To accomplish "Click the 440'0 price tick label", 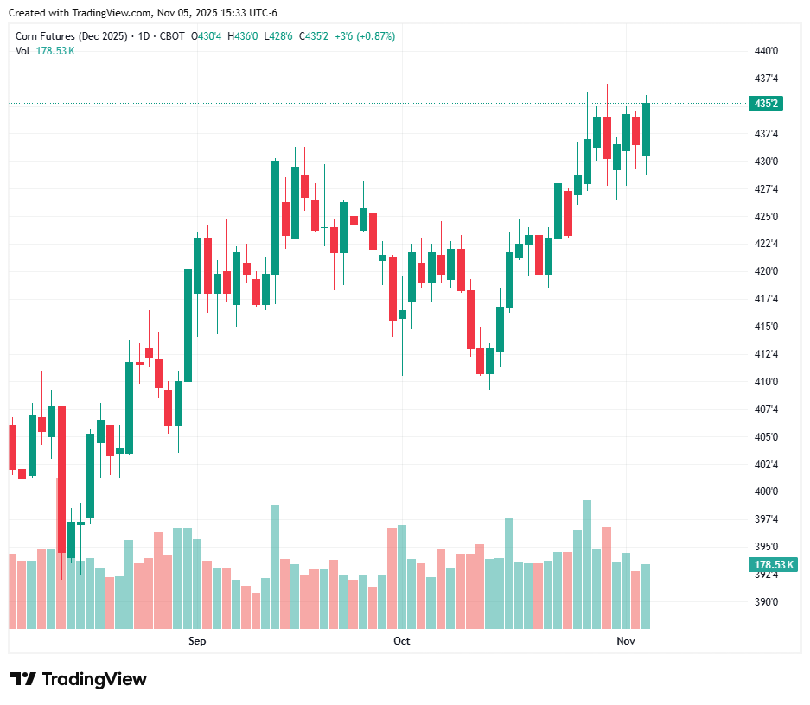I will pyautogui.click(x=767, y=51).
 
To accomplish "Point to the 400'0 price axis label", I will pyautogui.click(x=767, y=492).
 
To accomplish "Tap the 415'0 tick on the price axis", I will pyautogui.click(x=767, y=327).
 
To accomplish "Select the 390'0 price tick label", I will pyautogui.click(x=767, y=602).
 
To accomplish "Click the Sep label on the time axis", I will pyautogui.click(x=197, y=641).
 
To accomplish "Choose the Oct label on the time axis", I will pyautogui.click(x=401, y=641).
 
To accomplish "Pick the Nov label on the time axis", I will pyautogui.click(x=626, y=641).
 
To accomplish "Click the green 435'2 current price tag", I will pyautogui.click(x=767, y=104).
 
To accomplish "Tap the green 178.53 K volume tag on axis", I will pyautogui.click(x=771, y=565).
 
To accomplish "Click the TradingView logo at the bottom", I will pyautogui.click(x=79, y=679).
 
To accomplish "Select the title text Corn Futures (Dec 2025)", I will pyautogui.click(x=72, y=36).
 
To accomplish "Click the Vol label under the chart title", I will pyautogui.click(x=22, y=51).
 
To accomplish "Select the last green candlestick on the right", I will pyautogui.click(x=646, y=130).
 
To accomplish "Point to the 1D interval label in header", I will pyautogui.click(x=143, y=36).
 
